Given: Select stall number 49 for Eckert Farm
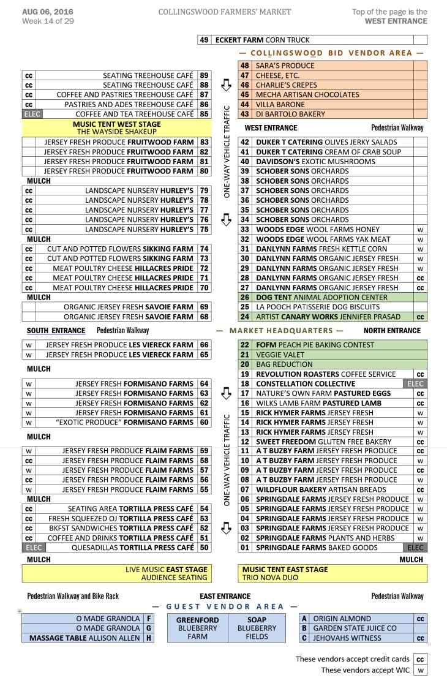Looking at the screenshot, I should (x=205, y=40).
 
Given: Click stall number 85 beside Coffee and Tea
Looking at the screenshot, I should (x=205, y=114).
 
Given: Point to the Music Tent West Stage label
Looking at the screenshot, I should (x=116, y=124).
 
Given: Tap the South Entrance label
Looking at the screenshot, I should (x=56, y=331).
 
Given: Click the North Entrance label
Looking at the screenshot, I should (x=392, y=331).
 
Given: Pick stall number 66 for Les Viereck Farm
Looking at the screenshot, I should (x=205, y=345).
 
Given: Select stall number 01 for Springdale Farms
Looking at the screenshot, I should (x=245, y=548).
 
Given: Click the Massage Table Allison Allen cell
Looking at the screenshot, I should (x=82, y=638).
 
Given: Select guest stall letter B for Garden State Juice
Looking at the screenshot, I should (x=304, y=628).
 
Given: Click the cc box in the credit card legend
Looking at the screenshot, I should (x=420, y=659).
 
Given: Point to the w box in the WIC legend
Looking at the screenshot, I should (x=420, y=670).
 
